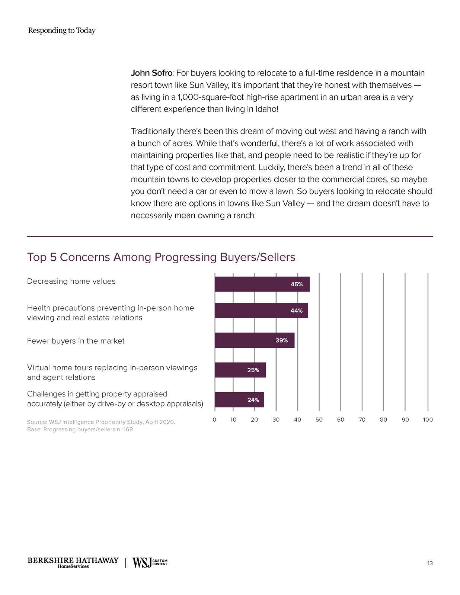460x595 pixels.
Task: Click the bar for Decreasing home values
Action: (x=262, y=284)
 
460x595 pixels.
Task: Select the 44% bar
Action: (x=261, y=311)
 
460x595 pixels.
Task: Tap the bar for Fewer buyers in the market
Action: (x=255, y=340)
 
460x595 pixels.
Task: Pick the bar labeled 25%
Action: (x=240, y=370)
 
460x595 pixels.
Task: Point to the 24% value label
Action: (x=253, y=400)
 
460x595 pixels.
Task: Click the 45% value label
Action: (x=297, y=284)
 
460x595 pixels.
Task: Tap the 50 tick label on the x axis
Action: (x=319, y=420)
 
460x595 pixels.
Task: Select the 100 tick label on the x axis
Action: (x=428, y=420)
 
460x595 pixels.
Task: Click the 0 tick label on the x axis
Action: (x=214, y=420)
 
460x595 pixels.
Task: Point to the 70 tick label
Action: (x=362, y=420)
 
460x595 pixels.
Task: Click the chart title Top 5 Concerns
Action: (x=161, y=257)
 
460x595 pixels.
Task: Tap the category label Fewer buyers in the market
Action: (x=76, y=341)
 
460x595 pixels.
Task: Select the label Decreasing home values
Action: (x=71, y=281)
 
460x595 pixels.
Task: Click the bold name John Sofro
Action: (x=151, y=73)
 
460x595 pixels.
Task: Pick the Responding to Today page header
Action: (x=62, y=30)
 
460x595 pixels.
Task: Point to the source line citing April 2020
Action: (x=101, y=422)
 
